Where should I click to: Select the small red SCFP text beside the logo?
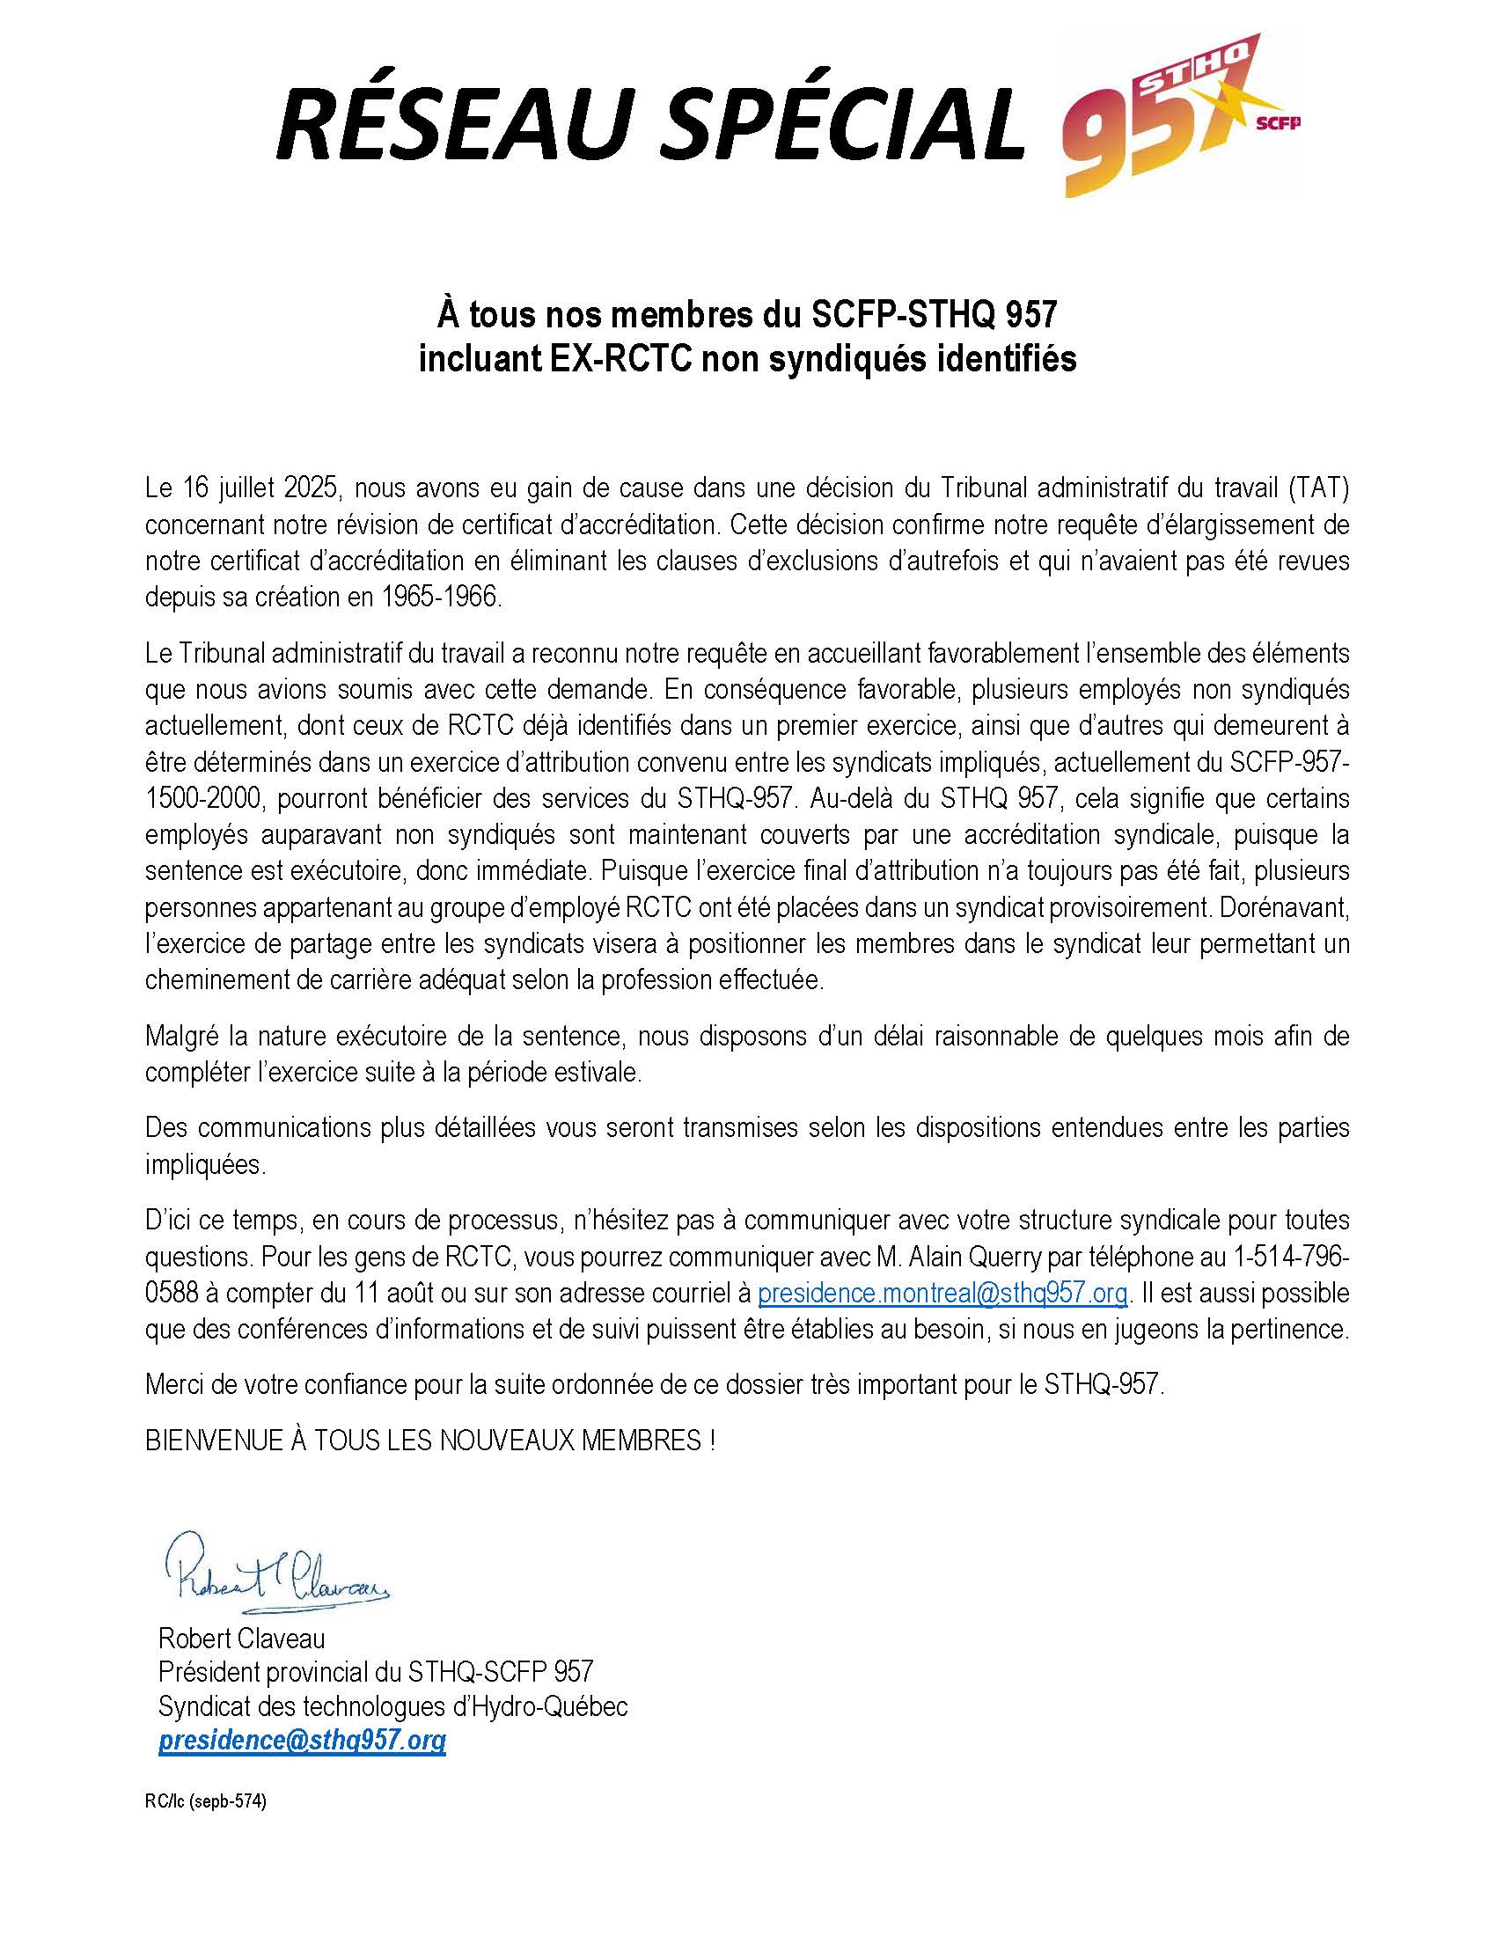pyautogui.click(x=1279, y=124)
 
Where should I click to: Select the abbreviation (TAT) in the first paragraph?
pyautogui.click(x=1319, y=488)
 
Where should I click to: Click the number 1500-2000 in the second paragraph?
pyautogui.click(x=205, y=799)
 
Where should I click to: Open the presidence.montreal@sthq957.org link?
pyautogui.click(x=942, y=1294)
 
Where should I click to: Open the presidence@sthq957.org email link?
pyautogui.click(x=301, y=1740)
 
